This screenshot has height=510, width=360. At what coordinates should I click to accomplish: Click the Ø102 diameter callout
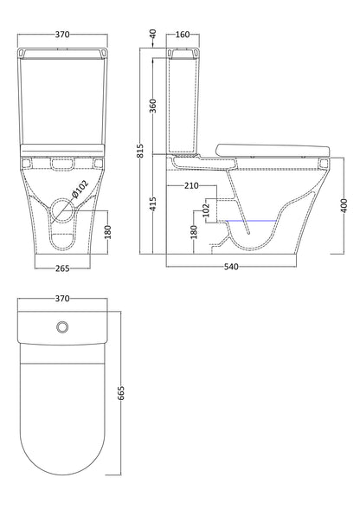pyautogui.click(x=79, y=188)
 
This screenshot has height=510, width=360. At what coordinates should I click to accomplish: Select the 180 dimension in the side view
pyautogui.click(x=194, y=231)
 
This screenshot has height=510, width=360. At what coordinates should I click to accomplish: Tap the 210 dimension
pyautogui.click(x=192, y=185)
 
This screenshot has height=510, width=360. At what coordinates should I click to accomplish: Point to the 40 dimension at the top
pyautogui.click(x=152, y=34)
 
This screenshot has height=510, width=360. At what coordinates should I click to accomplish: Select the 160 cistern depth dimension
pyautogui.click(x=183, y=36)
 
